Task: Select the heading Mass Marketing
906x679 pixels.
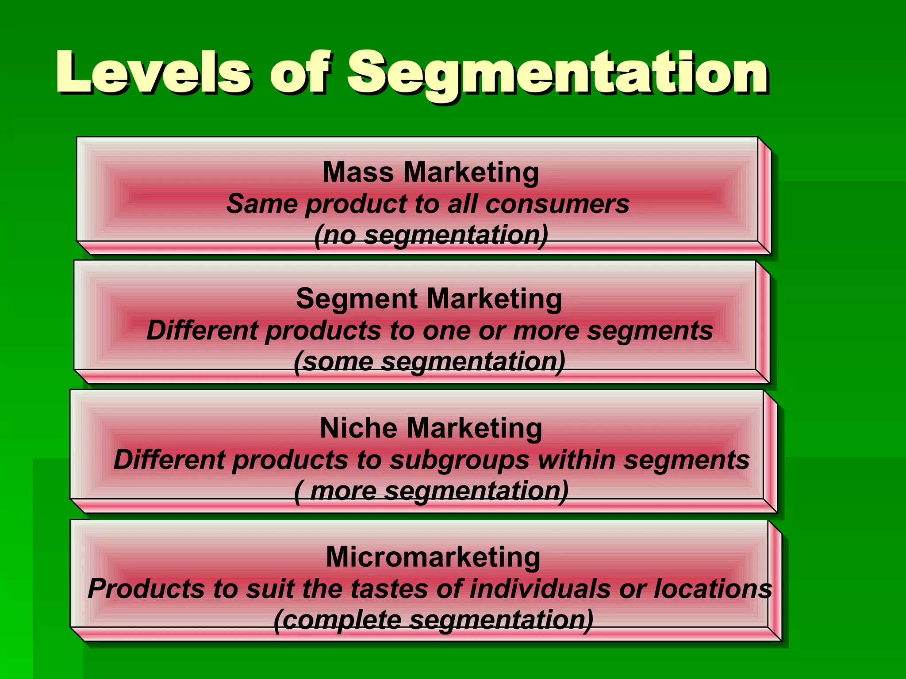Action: click(431, 172)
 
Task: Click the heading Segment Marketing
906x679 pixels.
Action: click(429, 299)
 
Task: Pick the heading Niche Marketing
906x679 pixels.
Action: click(431, 428)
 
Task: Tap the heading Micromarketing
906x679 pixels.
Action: click(433, 557)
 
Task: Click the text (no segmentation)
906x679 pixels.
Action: click(431, 235)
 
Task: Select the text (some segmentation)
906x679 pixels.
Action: click(430, 362)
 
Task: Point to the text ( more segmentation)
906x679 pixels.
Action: click(431, 491)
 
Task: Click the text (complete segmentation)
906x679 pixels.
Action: click(434, 620)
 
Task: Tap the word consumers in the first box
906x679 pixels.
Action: click(557, 204)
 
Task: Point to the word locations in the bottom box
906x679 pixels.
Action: click(713, 589)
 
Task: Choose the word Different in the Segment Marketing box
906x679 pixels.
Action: click(202, 331)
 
